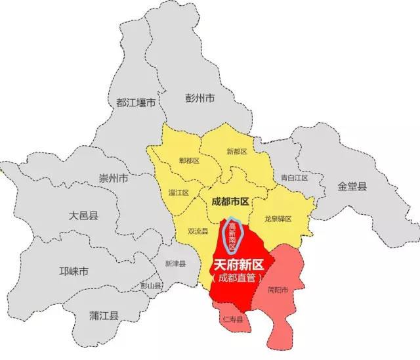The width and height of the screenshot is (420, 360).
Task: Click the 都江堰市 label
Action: [x=136, y=102]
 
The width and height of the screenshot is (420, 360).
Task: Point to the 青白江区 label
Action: [x=294, y=177]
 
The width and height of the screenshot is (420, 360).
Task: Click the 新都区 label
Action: [x=236, y=151]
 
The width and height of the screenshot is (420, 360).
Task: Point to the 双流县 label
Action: [x=198, y=231]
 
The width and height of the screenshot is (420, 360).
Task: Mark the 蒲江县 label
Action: [x=90, y=315]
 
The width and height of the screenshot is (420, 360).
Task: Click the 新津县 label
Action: [x=176, y=263]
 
